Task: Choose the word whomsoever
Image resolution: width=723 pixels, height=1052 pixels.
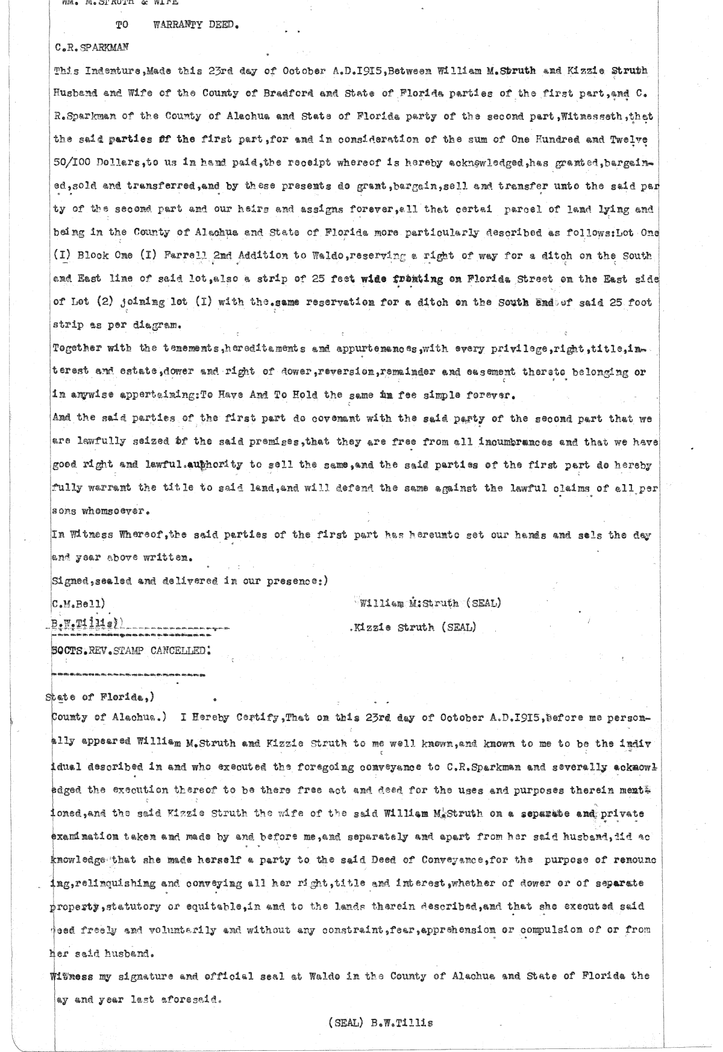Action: tap(111, 511)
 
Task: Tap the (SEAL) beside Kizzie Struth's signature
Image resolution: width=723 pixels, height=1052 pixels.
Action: tap(458, 627)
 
